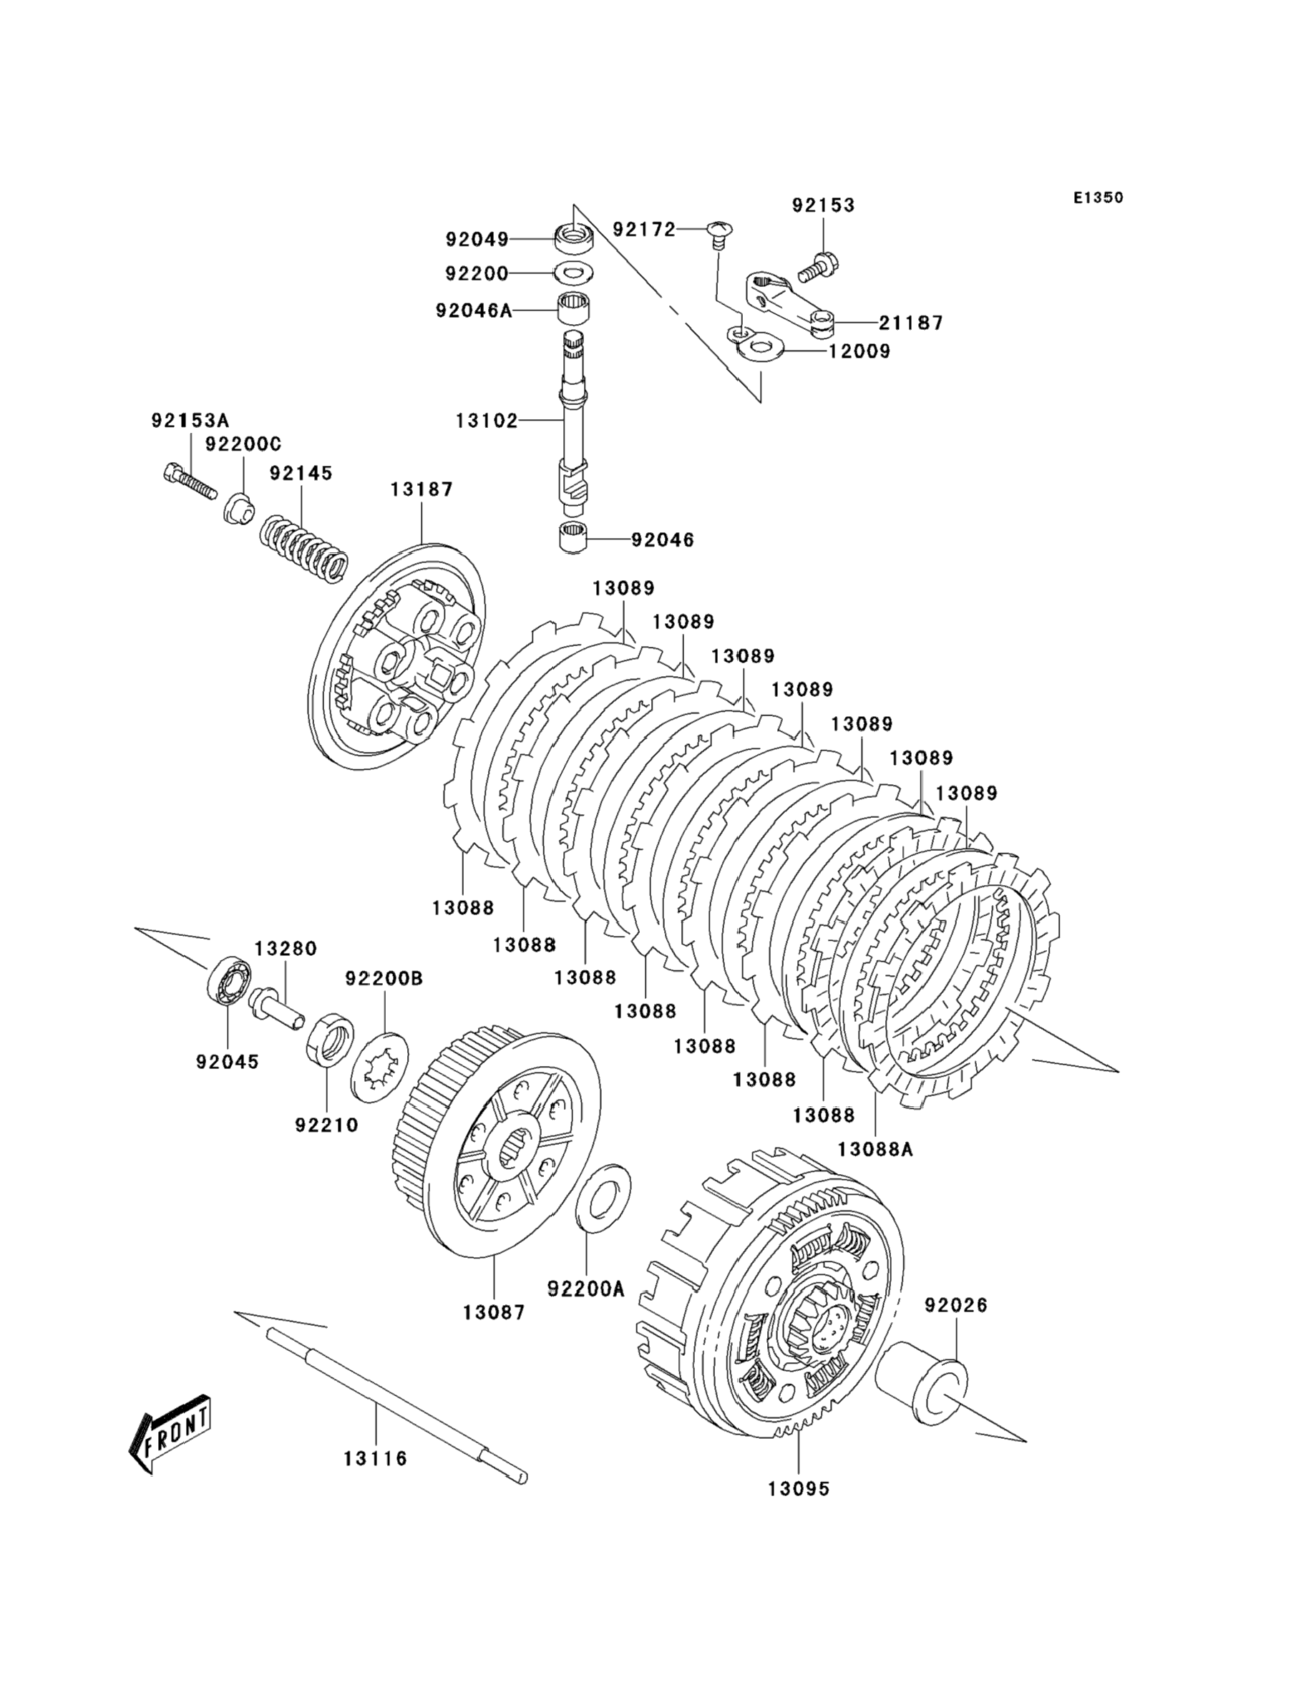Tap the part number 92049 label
click(x=477, y=240)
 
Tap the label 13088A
click(x=875, y=1171)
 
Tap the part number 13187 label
click(x=422, y=489)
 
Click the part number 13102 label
click(x=487, y=421)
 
